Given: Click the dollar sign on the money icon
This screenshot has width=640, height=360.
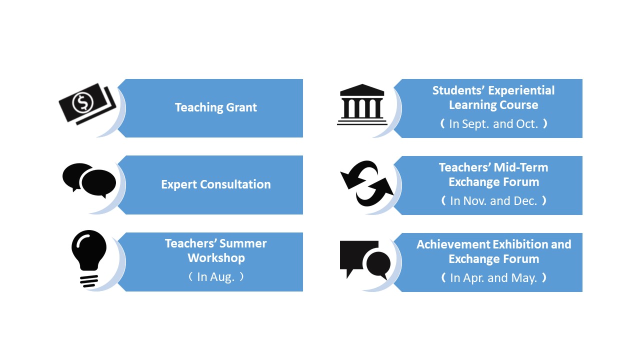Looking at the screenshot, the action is coord(83,102).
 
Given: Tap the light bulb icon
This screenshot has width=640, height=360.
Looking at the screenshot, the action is coord(89,258).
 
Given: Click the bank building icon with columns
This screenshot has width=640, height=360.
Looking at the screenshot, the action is coord(362,104).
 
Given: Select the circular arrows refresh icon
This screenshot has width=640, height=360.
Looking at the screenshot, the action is coord(367,183).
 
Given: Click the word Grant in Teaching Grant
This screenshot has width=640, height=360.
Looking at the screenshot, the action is coord(241,107).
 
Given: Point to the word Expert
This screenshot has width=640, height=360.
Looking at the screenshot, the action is coord(179,185).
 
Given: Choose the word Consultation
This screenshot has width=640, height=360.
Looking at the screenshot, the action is coord(235,184).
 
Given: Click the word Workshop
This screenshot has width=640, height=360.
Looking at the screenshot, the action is coord(216,258).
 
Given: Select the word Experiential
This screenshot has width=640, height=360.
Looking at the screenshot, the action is coord(521,90).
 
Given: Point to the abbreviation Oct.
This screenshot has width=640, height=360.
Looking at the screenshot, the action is coord(527,124).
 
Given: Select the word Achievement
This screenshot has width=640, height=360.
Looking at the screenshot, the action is coord(453,244).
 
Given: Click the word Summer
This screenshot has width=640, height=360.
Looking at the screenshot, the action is coord(243,243).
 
